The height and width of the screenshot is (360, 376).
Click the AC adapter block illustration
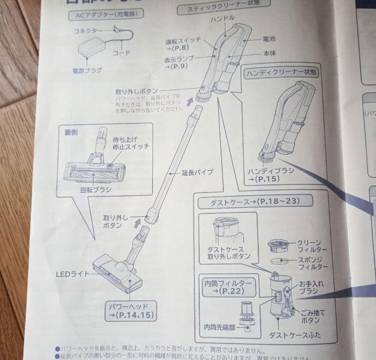click(x=92, y=52)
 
